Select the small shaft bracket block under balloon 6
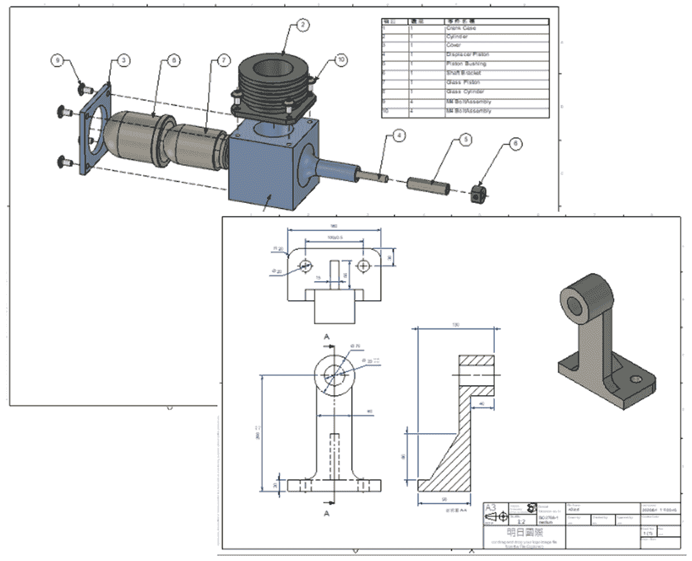pyautogui.click(x=478, y=194)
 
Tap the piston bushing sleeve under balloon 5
pyautogui.click(x=427, y=185)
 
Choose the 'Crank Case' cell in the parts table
pyautogui.click(x=461, y=28)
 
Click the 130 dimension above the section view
pyautogui.click(x=456, y=325)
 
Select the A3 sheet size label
pyautogui.click(x=491, y=507)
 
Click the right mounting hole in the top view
pyautogui.click(x=363, y=266)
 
